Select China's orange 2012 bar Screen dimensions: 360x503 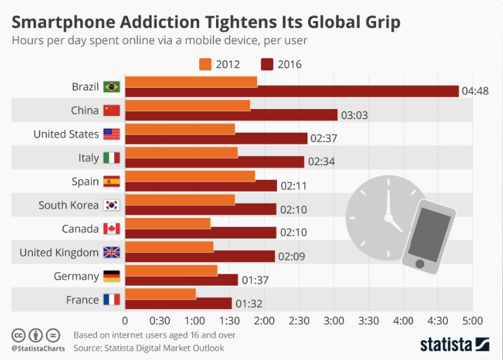pos(187,105)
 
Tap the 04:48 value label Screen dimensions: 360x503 pos(475,91)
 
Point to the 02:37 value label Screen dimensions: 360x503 pos(323,138)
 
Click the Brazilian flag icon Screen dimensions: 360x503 pos(111,87)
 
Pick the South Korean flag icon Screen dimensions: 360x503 pos(111,205)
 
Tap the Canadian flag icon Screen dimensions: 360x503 pos(111,229)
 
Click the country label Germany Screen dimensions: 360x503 pos(76,276)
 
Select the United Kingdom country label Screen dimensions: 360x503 pos(59,252)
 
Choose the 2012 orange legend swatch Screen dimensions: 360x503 pos(205,64)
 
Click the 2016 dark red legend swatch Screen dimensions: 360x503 pos(268,64)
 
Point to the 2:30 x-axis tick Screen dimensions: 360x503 pos(299,321)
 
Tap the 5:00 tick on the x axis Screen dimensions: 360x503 pos(472,321)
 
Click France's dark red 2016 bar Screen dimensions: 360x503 pos(179,303)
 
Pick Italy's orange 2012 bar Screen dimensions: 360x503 pos(181,153)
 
